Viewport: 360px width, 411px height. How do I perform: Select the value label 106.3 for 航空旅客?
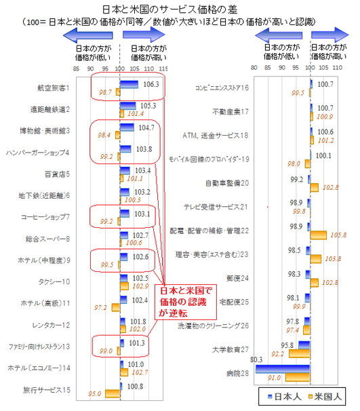[x=152, y=84]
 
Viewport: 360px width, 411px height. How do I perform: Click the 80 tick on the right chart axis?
[x=253, y=68]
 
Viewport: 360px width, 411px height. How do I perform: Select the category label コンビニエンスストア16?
[x=222, y=87]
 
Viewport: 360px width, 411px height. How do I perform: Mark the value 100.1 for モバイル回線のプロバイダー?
[x=324, y=155]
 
